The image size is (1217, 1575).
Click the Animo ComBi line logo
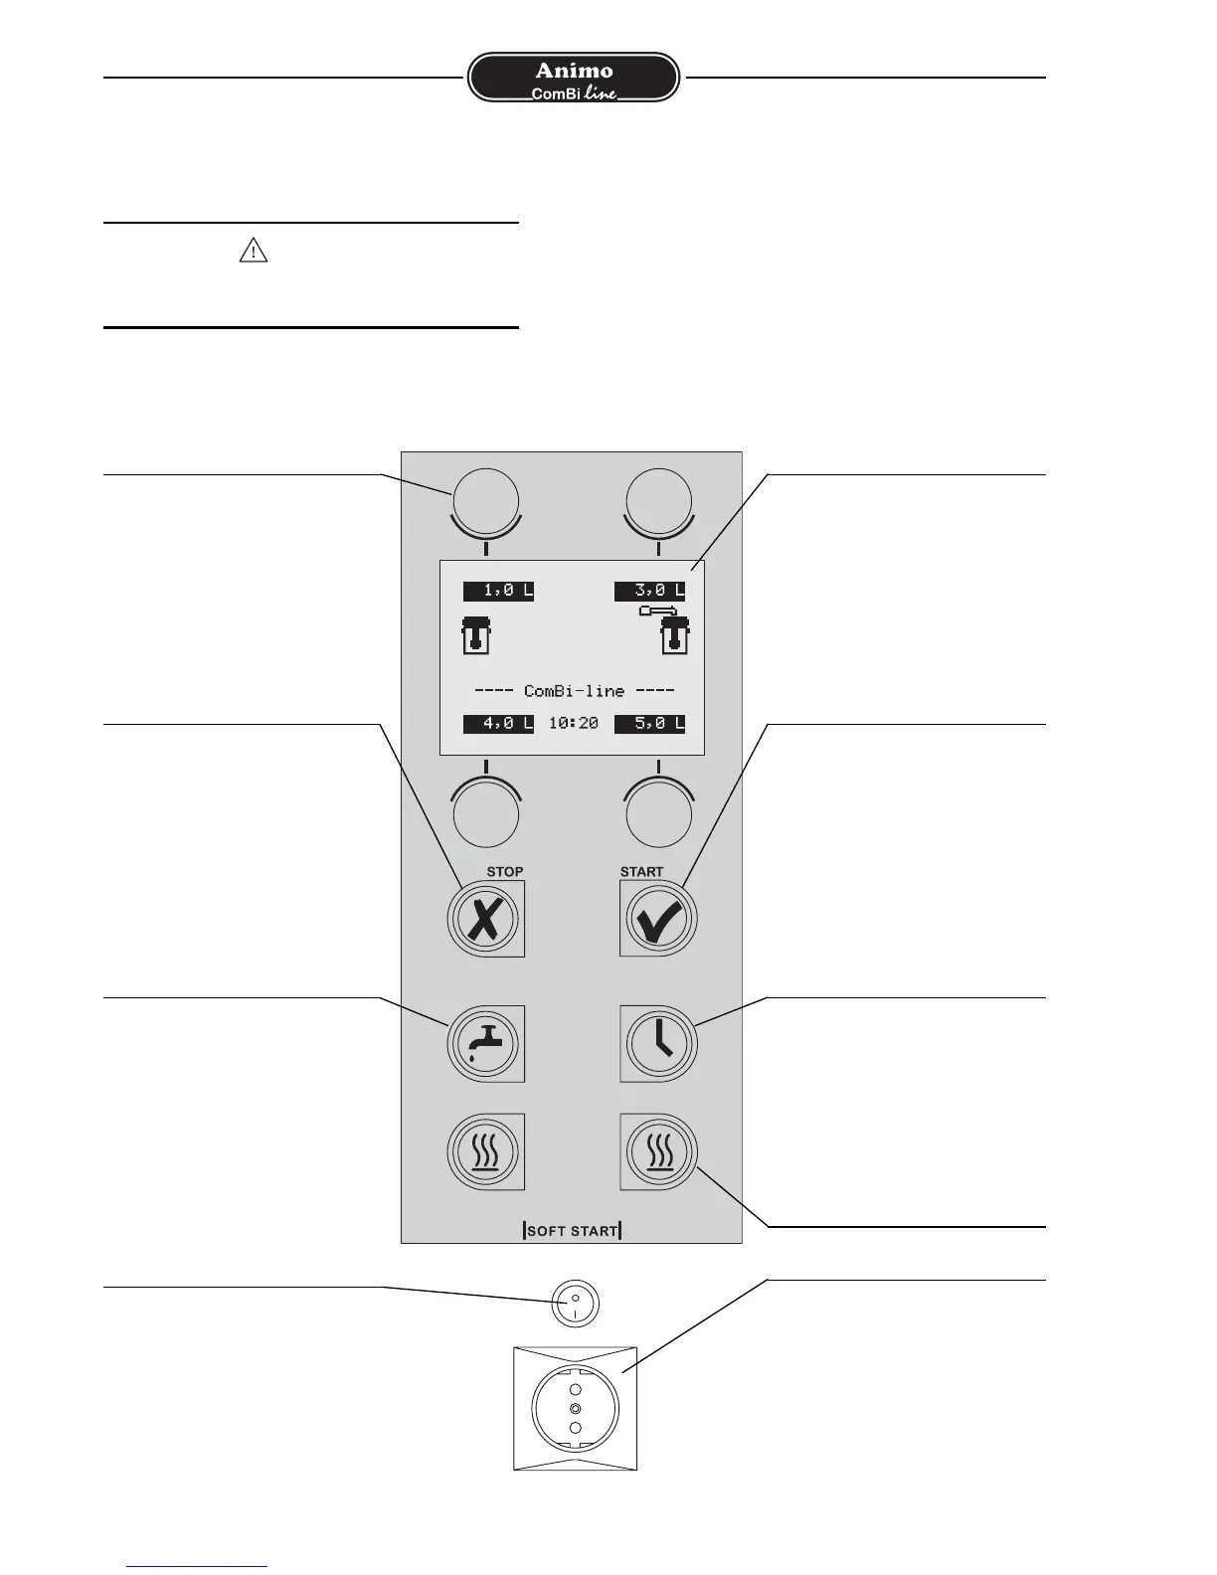click(x=574, y=79)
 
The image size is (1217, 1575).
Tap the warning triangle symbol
click(x=254, y=252)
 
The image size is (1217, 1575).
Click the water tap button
click(x=485, y=1043)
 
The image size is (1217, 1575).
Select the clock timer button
click(x=658, y=1043)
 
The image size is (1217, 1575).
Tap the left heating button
click(x=485, y=1151)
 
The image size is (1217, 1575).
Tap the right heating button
click(x=658, y=1151)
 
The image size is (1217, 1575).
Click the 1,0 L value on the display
click(x=498, y=591)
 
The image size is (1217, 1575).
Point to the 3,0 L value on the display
click(x=649, y=591)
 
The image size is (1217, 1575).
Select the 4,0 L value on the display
click(x=498, y=724)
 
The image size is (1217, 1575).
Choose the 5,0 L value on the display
click(x=649, y=724)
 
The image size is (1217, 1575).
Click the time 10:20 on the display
click(x=574, y=724)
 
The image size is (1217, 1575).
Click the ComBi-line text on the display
click(x=574, y=691)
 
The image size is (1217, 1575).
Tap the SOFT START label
click(x=572, y=1231)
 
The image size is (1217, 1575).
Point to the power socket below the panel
click(x=575, y=1408)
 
